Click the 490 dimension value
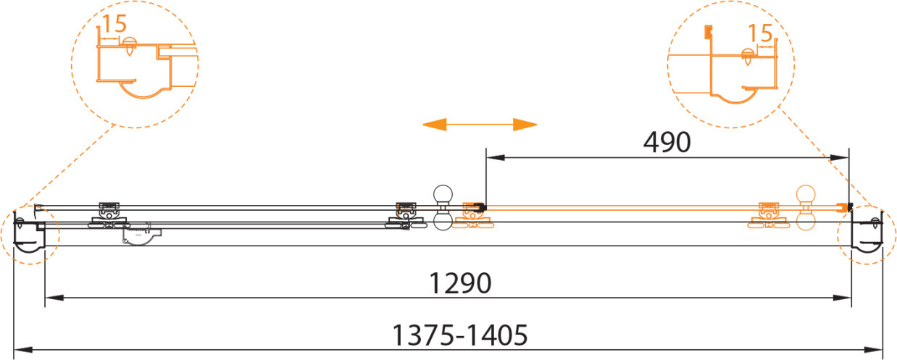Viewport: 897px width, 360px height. (x=667, y=142)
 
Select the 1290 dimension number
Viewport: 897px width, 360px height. (x=460, y=283)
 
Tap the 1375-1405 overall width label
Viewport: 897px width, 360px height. (x=460, y=335)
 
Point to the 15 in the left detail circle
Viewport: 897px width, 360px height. (x=114, y=24)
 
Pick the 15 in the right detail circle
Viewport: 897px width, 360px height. (x=760, y=33)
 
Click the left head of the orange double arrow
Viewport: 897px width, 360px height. (x=435, y=125)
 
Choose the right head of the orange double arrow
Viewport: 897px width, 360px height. (x=525, y=125)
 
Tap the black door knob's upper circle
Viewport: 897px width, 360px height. (x=443, y=195)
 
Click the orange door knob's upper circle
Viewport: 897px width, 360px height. (x=806, y=195)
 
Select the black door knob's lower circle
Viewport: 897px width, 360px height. (x=443, y=221)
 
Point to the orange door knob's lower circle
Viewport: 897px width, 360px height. (x=806, y=221)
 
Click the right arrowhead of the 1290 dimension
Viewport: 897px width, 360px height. (x=842, y=298)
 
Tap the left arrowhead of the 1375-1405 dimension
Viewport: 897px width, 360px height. (x=23, y=350)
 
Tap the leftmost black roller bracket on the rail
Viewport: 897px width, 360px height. (x=109, y=217)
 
